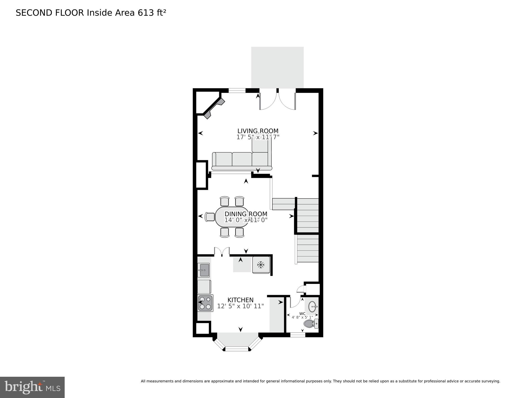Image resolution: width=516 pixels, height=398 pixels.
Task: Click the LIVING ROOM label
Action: coord(258,131)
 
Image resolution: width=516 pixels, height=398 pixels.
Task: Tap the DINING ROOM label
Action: coord(246,214)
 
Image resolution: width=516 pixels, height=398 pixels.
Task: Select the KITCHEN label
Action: coord(240,300)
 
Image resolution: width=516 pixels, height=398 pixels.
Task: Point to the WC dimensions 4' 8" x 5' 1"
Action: coord(302,317)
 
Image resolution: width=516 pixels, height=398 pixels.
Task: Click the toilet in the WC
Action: coord(311,324)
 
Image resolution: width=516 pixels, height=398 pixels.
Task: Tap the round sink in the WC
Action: coord(313,307)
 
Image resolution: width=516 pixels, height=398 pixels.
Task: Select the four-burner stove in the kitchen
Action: coord(205,303)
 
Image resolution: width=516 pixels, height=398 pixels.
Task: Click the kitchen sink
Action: coord(204,270)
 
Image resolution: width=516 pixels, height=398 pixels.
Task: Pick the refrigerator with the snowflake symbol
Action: coord(261,265)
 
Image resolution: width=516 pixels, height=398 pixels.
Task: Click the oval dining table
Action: coord(232,217)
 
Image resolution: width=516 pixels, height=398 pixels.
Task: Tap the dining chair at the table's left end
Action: coord(210,217)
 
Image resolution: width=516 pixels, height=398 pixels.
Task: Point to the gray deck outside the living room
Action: coord(277,67)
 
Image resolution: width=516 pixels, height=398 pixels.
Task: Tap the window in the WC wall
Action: coord(298,335)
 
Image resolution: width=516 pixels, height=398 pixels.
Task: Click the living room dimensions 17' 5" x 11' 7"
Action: coord(258,137)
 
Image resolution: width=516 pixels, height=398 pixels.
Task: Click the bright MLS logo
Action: coord(32,387)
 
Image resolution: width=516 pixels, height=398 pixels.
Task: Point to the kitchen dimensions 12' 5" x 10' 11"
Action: coord(240,306)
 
